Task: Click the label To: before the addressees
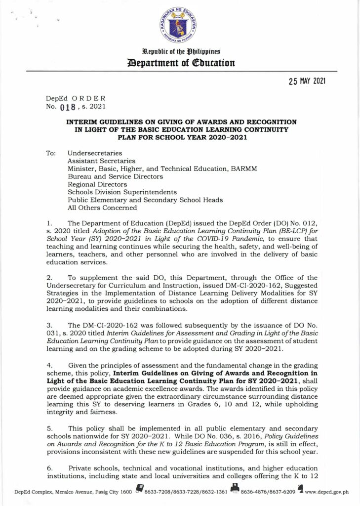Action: [51, 153]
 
